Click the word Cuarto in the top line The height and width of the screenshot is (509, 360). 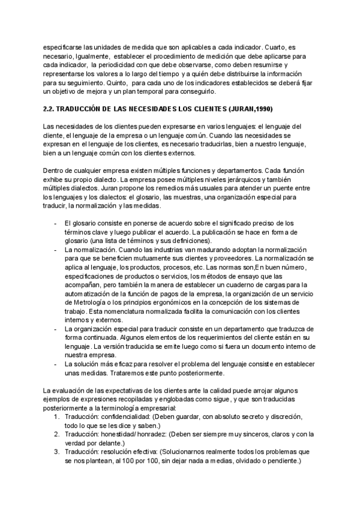(x=278, y=46)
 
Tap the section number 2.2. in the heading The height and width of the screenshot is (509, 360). (x=52, y=109)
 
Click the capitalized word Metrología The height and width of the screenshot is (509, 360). (x=92, y=303)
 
